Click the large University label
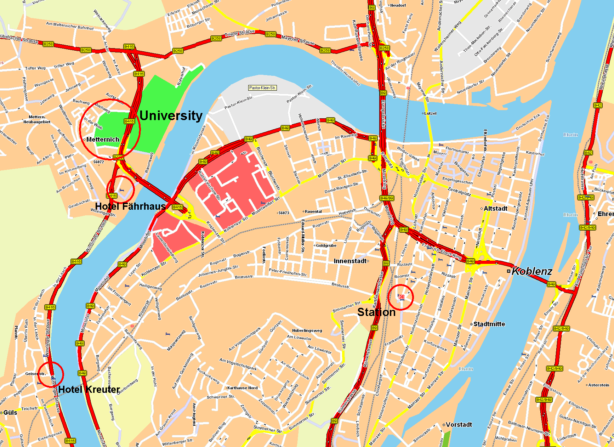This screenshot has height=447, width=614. click(171, 116)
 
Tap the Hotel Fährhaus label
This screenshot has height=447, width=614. click(130, 206)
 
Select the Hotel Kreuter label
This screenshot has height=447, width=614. click(89, 390)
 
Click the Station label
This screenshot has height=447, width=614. click(376, 312)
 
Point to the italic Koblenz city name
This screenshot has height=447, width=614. click(532, 271)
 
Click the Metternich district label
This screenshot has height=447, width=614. click(103, 140)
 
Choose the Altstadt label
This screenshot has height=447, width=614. click(495, 209)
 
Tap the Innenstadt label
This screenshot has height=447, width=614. click(350, 261)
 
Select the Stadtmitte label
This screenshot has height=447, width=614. click(489, 324)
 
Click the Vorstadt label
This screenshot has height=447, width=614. click(459, 425)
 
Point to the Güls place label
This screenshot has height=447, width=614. click(10, 413)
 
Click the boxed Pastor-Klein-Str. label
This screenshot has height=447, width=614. click(262, 88)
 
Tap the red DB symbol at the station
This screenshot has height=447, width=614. click(401, 297)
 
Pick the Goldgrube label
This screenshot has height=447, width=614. click(326, 245)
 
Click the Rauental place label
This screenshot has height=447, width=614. click(313, 211)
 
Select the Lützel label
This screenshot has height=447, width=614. click(430, 113)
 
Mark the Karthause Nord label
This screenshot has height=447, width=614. click(242, 388)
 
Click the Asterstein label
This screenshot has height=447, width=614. click(599, 385)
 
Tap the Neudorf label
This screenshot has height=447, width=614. click(398, 5)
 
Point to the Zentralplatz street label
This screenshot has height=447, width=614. click(459, 191)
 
